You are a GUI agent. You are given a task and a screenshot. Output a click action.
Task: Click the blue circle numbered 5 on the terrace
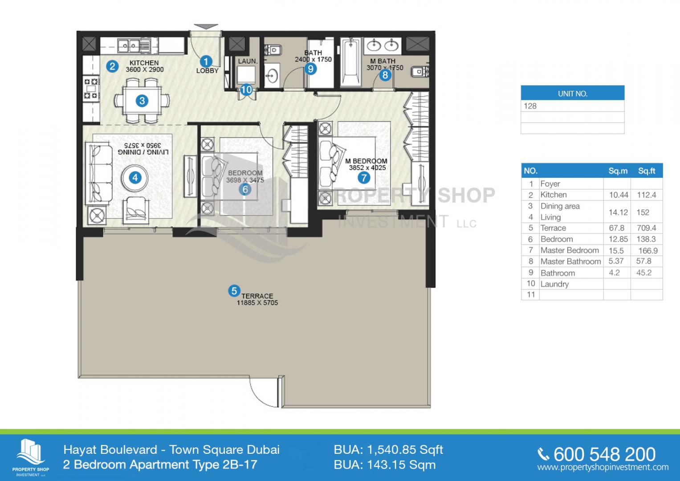click(x=234, y=291)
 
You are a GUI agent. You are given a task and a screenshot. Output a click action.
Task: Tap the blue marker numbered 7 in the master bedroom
click(x=364, y=178)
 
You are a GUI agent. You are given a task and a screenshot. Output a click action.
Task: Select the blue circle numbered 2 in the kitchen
click(x=112, y=66)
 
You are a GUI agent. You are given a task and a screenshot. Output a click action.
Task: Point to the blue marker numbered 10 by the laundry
click(x=246, y=90)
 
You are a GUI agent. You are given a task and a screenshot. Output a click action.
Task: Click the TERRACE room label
click(x=257, y=296)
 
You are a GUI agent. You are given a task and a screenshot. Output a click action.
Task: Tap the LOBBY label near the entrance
click(x=208, y=71)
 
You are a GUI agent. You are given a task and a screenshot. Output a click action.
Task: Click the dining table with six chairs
click(x=142, y=101)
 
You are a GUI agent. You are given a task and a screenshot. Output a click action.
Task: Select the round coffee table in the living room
click(x=135, y=178)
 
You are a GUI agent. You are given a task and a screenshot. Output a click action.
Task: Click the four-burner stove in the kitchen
click(x=91, y=89)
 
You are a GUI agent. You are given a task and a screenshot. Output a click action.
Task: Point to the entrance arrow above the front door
click(x=206, y=27)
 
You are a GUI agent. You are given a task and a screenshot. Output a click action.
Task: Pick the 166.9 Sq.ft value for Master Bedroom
click(x=648, y=250)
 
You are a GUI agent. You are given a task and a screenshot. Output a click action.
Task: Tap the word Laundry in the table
click(x=554, y=284)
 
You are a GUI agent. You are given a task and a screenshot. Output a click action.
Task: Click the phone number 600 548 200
click(x=604, y=454)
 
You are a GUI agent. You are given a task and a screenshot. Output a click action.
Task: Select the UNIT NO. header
click(x=573, y=94)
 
